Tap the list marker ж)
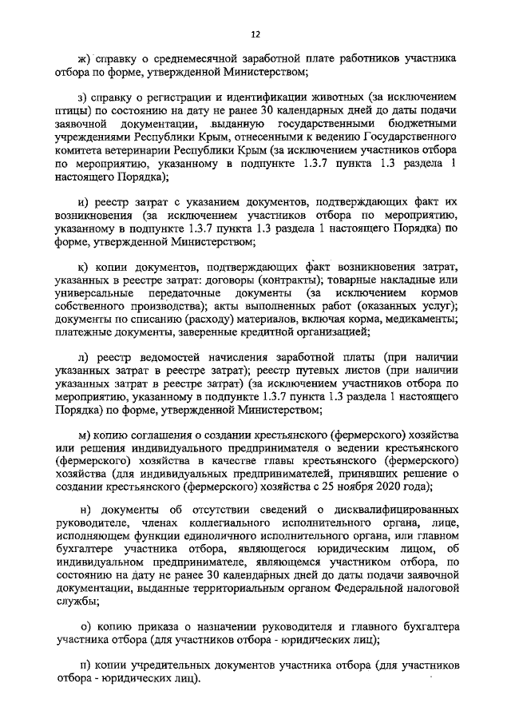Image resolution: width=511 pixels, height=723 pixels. click(83, 59)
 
